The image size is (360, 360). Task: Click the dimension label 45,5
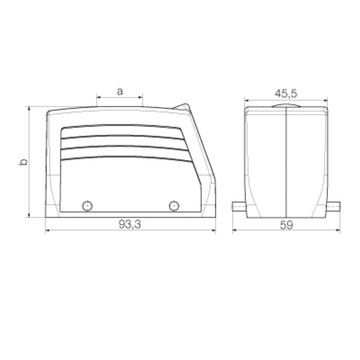[x=286, y=93]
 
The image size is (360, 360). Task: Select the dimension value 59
[x=286, y=225]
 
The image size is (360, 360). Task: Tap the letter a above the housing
[x=120, y=91]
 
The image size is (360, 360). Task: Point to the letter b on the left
[x=23, y=162]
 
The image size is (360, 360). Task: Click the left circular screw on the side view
[x=87, y=206]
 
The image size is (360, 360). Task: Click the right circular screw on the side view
[x=173, y=206]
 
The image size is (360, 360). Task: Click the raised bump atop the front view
[x=286, y=106]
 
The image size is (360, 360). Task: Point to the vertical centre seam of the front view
[x=286, y=162]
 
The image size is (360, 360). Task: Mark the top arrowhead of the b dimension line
[x=29, y=108]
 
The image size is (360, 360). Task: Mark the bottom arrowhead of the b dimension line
[x=29, y=215]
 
